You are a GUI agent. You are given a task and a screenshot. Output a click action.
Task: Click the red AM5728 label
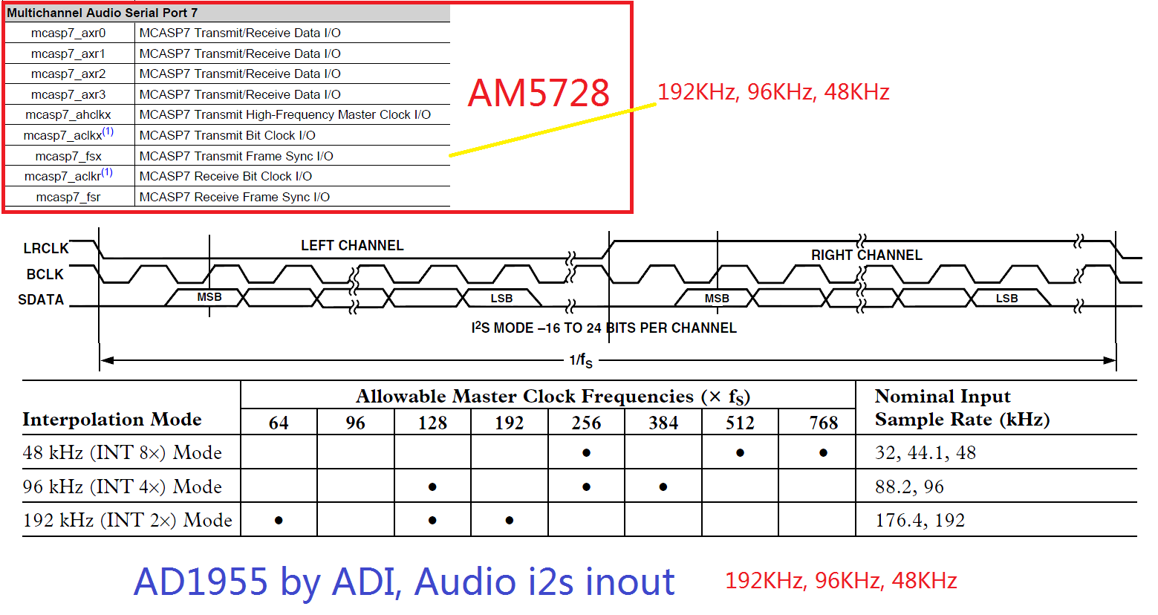click(x=539, y=93)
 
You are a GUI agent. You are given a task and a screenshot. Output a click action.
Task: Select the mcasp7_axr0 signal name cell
click(x=68, y=33)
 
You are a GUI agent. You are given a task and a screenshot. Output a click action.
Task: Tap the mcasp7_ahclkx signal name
click(x=68, y=114)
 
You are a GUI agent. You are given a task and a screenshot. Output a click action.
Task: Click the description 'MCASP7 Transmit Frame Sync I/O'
click(x=236, y=156)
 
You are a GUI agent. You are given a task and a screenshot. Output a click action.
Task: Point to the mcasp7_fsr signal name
click(x=68, y=197)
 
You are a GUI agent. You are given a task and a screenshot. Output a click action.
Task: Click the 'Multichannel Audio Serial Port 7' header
click(x=103, y=13)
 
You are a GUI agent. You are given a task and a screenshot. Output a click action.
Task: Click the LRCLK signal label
click(x=45, y=248)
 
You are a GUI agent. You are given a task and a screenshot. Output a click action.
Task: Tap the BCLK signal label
click(x=45, y=274)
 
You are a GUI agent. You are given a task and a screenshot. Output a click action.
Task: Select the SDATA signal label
click(x=41, y=299)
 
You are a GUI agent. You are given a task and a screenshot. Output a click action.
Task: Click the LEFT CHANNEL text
click(x=352, y=245)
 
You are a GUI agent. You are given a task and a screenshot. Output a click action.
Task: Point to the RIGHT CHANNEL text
click(x=866, y=255)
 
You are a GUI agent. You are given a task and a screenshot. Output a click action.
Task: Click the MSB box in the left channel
click(x=209, y=297)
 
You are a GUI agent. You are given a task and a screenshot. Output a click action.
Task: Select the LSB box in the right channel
click(x=1006, y=298)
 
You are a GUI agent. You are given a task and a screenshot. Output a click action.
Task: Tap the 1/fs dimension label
click(x=581, y=361)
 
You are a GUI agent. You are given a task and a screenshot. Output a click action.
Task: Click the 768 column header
click(x=823, y=423)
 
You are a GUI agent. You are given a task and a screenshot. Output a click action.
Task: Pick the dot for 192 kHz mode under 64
click(x=279, y=520)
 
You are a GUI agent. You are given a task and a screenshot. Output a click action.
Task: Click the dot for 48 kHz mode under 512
click(x=740, y=452)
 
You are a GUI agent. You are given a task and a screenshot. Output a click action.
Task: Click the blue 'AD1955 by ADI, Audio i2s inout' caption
click(x=404, y=581)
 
